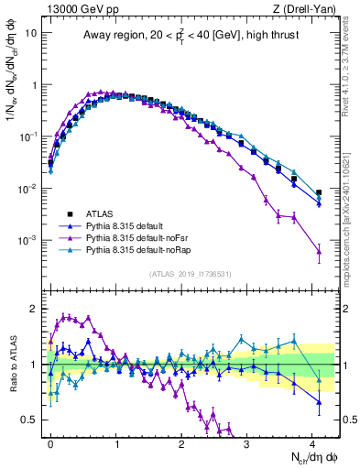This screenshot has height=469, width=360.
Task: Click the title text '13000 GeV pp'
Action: (x=71, y=8)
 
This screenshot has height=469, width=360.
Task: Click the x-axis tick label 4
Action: (x=311, y=442)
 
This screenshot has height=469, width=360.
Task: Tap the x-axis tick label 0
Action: (x=51, y=442)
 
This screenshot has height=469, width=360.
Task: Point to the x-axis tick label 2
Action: (x=181, y=442)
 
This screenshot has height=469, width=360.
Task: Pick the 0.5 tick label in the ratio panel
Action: (x=29, y=420)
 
